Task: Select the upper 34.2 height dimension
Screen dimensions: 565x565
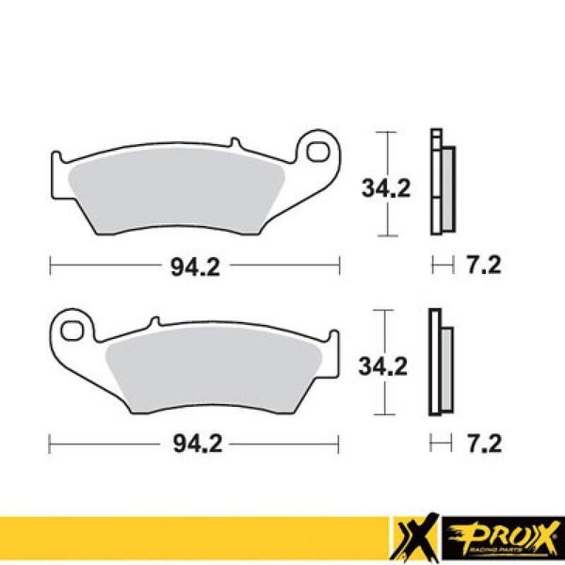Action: coord(386,189)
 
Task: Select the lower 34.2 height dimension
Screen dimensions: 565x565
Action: coord(386,364)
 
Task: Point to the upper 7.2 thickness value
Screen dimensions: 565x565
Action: coord(483,266)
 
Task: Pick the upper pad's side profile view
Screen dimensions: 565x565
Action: coord(440,184)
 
